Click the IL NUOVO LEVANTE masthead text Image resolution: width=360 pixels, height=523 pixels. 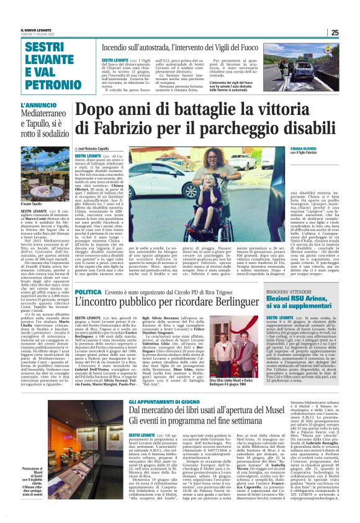click(35, 29)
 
